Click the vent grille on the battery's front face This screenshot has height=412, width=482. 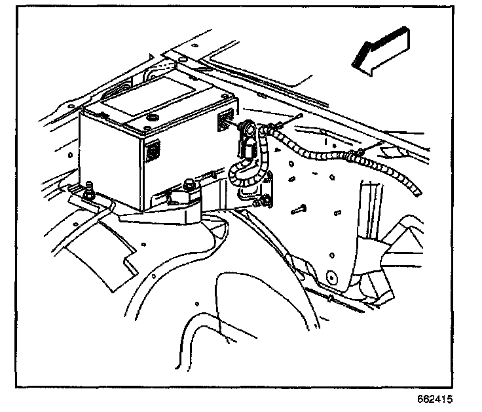pyautogui.click(x=153, y=150)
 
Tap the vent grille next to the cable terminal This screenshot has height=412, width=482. pyautogui.click(x=225, y=119)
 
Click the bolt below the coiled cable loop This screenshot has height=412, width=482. pyautogui.click(x=263, y=201)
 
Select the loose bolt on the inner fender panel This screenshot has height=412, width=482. pyautogui.click(x=299, y=210)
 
